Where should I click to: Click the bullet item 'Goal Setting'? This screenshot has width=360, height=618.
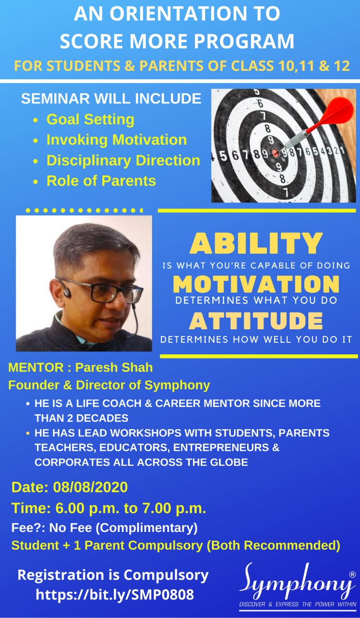coord(90,119)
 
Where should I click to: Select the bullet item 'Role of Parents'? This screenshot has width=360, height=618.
coord(101,181)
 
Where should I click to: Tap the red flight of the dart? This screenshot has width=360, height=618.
coord(337,111)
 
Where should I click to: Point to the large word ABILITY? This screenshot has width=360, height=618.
coord(256,243)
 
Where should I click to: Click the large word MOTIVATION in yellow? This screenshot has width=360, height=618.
coord(256,284)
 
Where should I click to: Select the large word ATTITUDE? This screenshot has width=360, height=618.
coord(256,321)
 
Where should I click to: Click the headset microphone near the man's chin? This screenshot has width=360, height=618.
coord(120,336)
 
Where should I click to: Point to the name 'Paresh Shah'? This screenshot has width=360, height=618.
coord(114,367)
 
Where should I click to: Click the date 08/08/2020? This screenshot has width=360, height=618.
coord(90,487)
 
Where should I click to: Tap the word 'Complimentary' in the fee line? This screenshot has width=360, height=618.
coord(146,528)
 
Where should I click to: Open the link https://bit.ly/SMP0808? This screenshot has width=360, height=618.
coord(115,594)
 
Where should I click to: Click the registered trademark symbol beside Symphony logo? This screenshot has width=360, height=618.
coord(352,574)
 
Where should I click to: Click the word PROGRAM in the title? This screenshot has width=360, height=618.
coord(244,41)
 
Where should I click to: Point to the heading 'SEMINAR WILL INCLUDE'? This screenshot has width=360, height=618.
coord(111,98)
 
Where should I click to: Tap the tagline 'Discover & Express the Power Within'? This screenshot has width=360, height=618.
coord(298,604)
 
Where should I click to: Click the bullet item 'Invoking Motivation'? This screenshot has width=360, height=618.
coord(117,140)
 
